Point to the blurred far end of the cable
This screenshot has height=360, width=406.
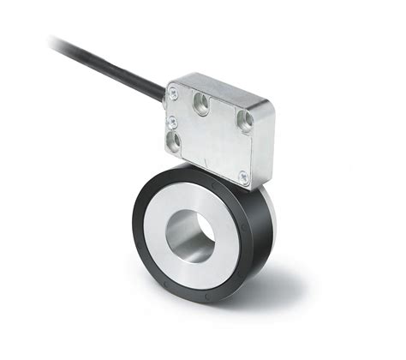(x=60, y=41)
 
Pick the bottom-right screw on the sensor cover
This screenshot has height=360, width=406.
(x=242, y=177)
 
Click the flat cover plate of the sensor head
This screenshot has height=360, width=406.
(x=214, y=141)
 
